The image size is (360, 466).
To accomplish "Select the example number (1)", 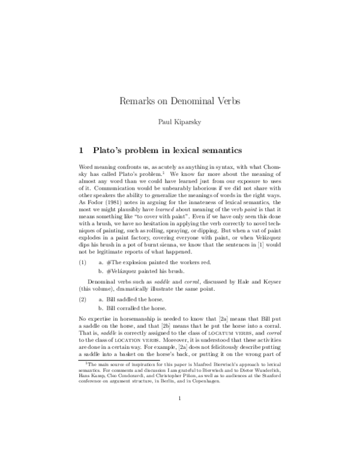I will [x=83, y=262].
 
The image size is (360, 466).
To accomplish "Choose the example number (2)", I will [x=83, y=298].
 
